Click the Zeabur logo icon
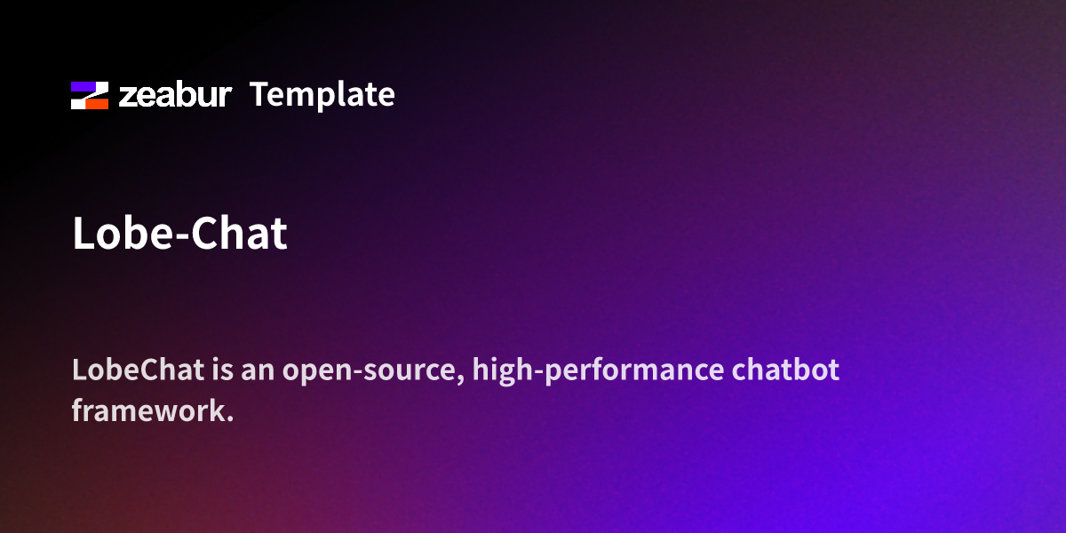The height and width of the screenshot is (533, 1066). coord(90,95)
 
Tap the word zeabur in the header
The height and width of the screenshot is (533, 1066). coord(175,95)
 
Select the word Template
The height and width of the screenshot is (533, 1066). coord(322,95)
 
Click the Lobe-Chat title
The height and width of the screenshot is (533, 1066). coord(179,234)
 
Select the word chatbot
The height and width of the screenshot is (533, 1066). coord(785,370)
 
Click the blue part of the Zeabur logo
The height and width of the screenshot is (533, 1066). coord(84,88)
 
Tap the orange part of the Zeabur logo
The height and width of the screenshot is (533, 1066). coord(96,103)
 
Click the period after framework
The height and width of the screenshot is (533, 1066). coord(229,418)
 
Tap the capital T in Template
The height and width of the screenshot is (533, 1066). coord(259,94)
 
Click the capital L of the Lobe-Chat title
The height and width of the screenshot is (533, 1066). coord(83,234)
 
